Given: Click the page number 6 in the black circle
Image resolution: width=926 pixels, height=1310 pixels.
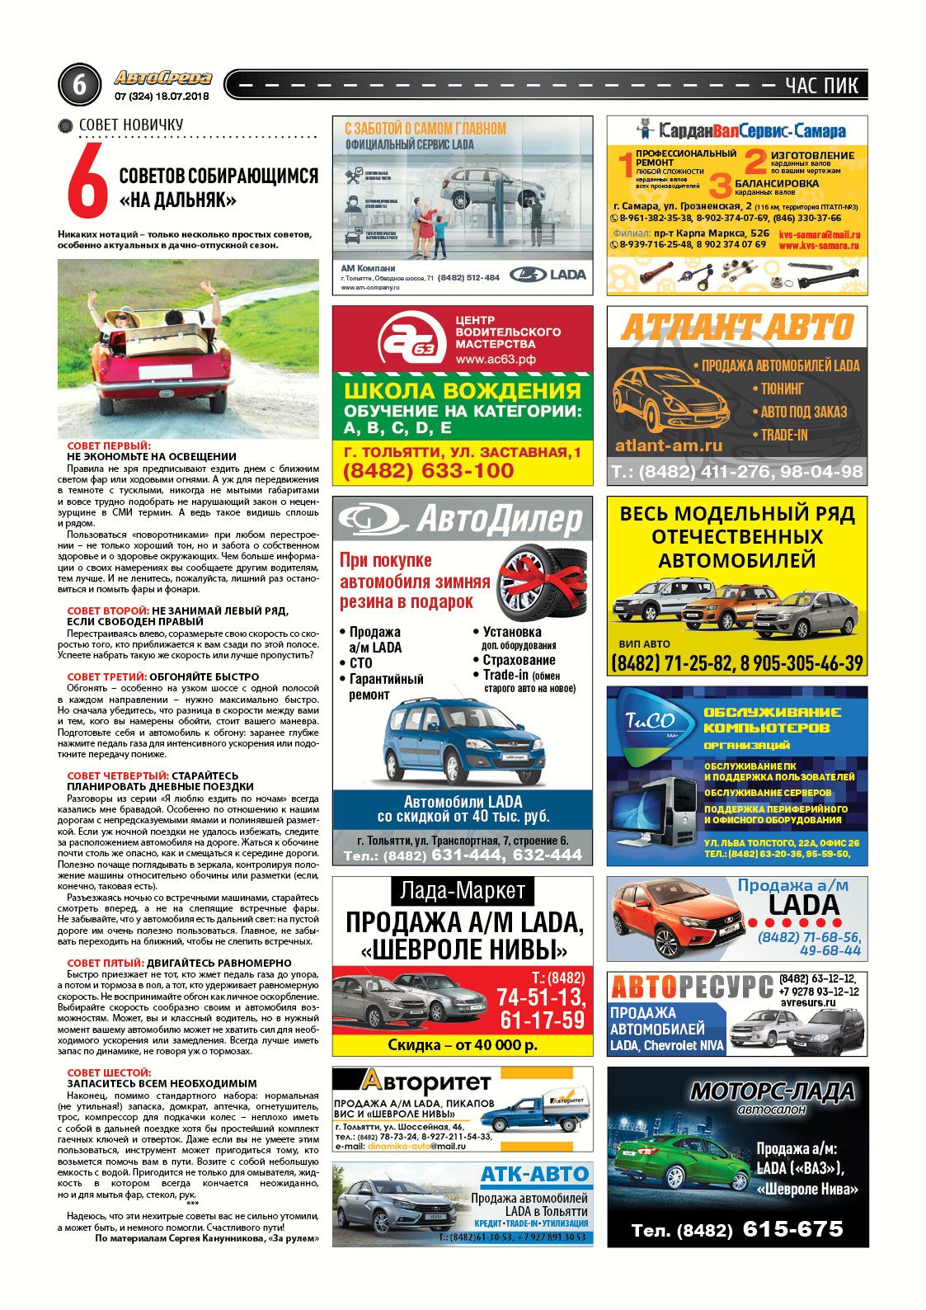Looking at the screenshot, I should [x=79, y=85].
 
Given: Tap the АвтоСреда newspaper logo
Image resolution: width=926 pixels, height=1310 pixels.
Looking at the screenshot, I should [x=162, y=78].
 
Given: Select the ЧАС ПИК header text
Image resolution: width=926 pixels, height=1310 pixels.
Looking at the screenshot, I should [x=821, y=85].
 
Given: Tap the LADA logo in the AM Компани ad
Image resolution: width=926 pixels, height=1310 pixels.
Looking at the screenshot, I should [x=548, y=275].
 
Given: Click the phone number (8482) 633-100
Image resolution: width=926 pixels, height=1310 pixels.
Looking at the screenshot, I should [x=428, y=471].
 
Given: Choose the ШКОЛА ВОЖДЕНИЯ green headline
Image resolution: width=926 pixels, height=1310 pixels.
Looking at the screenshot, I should [x=462, y=390].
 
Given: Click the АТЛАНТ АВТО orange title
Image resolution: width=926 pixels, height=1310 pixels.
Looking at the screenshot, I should [x=737, y=327].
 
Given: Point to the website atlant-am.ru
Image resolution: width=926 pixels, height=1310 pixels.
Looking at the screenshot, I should [x=669, y=446].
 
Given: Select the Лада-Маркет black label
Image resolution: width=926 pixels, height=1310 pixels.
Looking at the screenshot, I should [x=462, y=890].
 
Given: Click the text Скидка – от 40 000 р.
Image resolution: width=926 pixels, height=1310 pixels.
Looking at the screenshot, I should [x=462, y=1044].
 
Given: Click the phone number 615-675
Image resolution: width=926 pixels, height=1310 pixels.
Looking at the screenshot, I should [x=792, y=1229].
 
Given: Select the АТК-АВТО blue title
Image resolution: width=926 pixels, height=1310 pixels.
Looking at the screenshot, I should [x=534, y=1174].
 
